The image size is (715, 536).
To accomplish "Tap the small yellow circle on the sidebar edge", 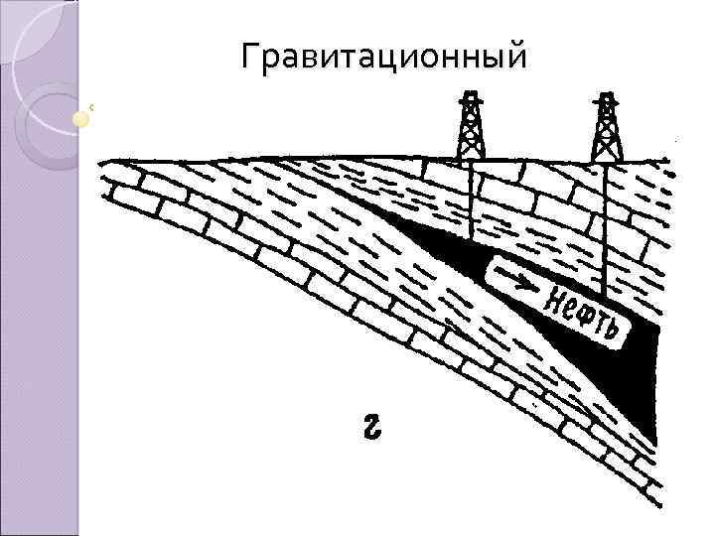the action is (81, 119).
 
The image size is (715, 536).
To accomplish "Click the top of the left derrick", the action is (470, 96).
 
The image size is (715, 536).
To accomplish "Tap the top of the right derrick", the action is (607, 97).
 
